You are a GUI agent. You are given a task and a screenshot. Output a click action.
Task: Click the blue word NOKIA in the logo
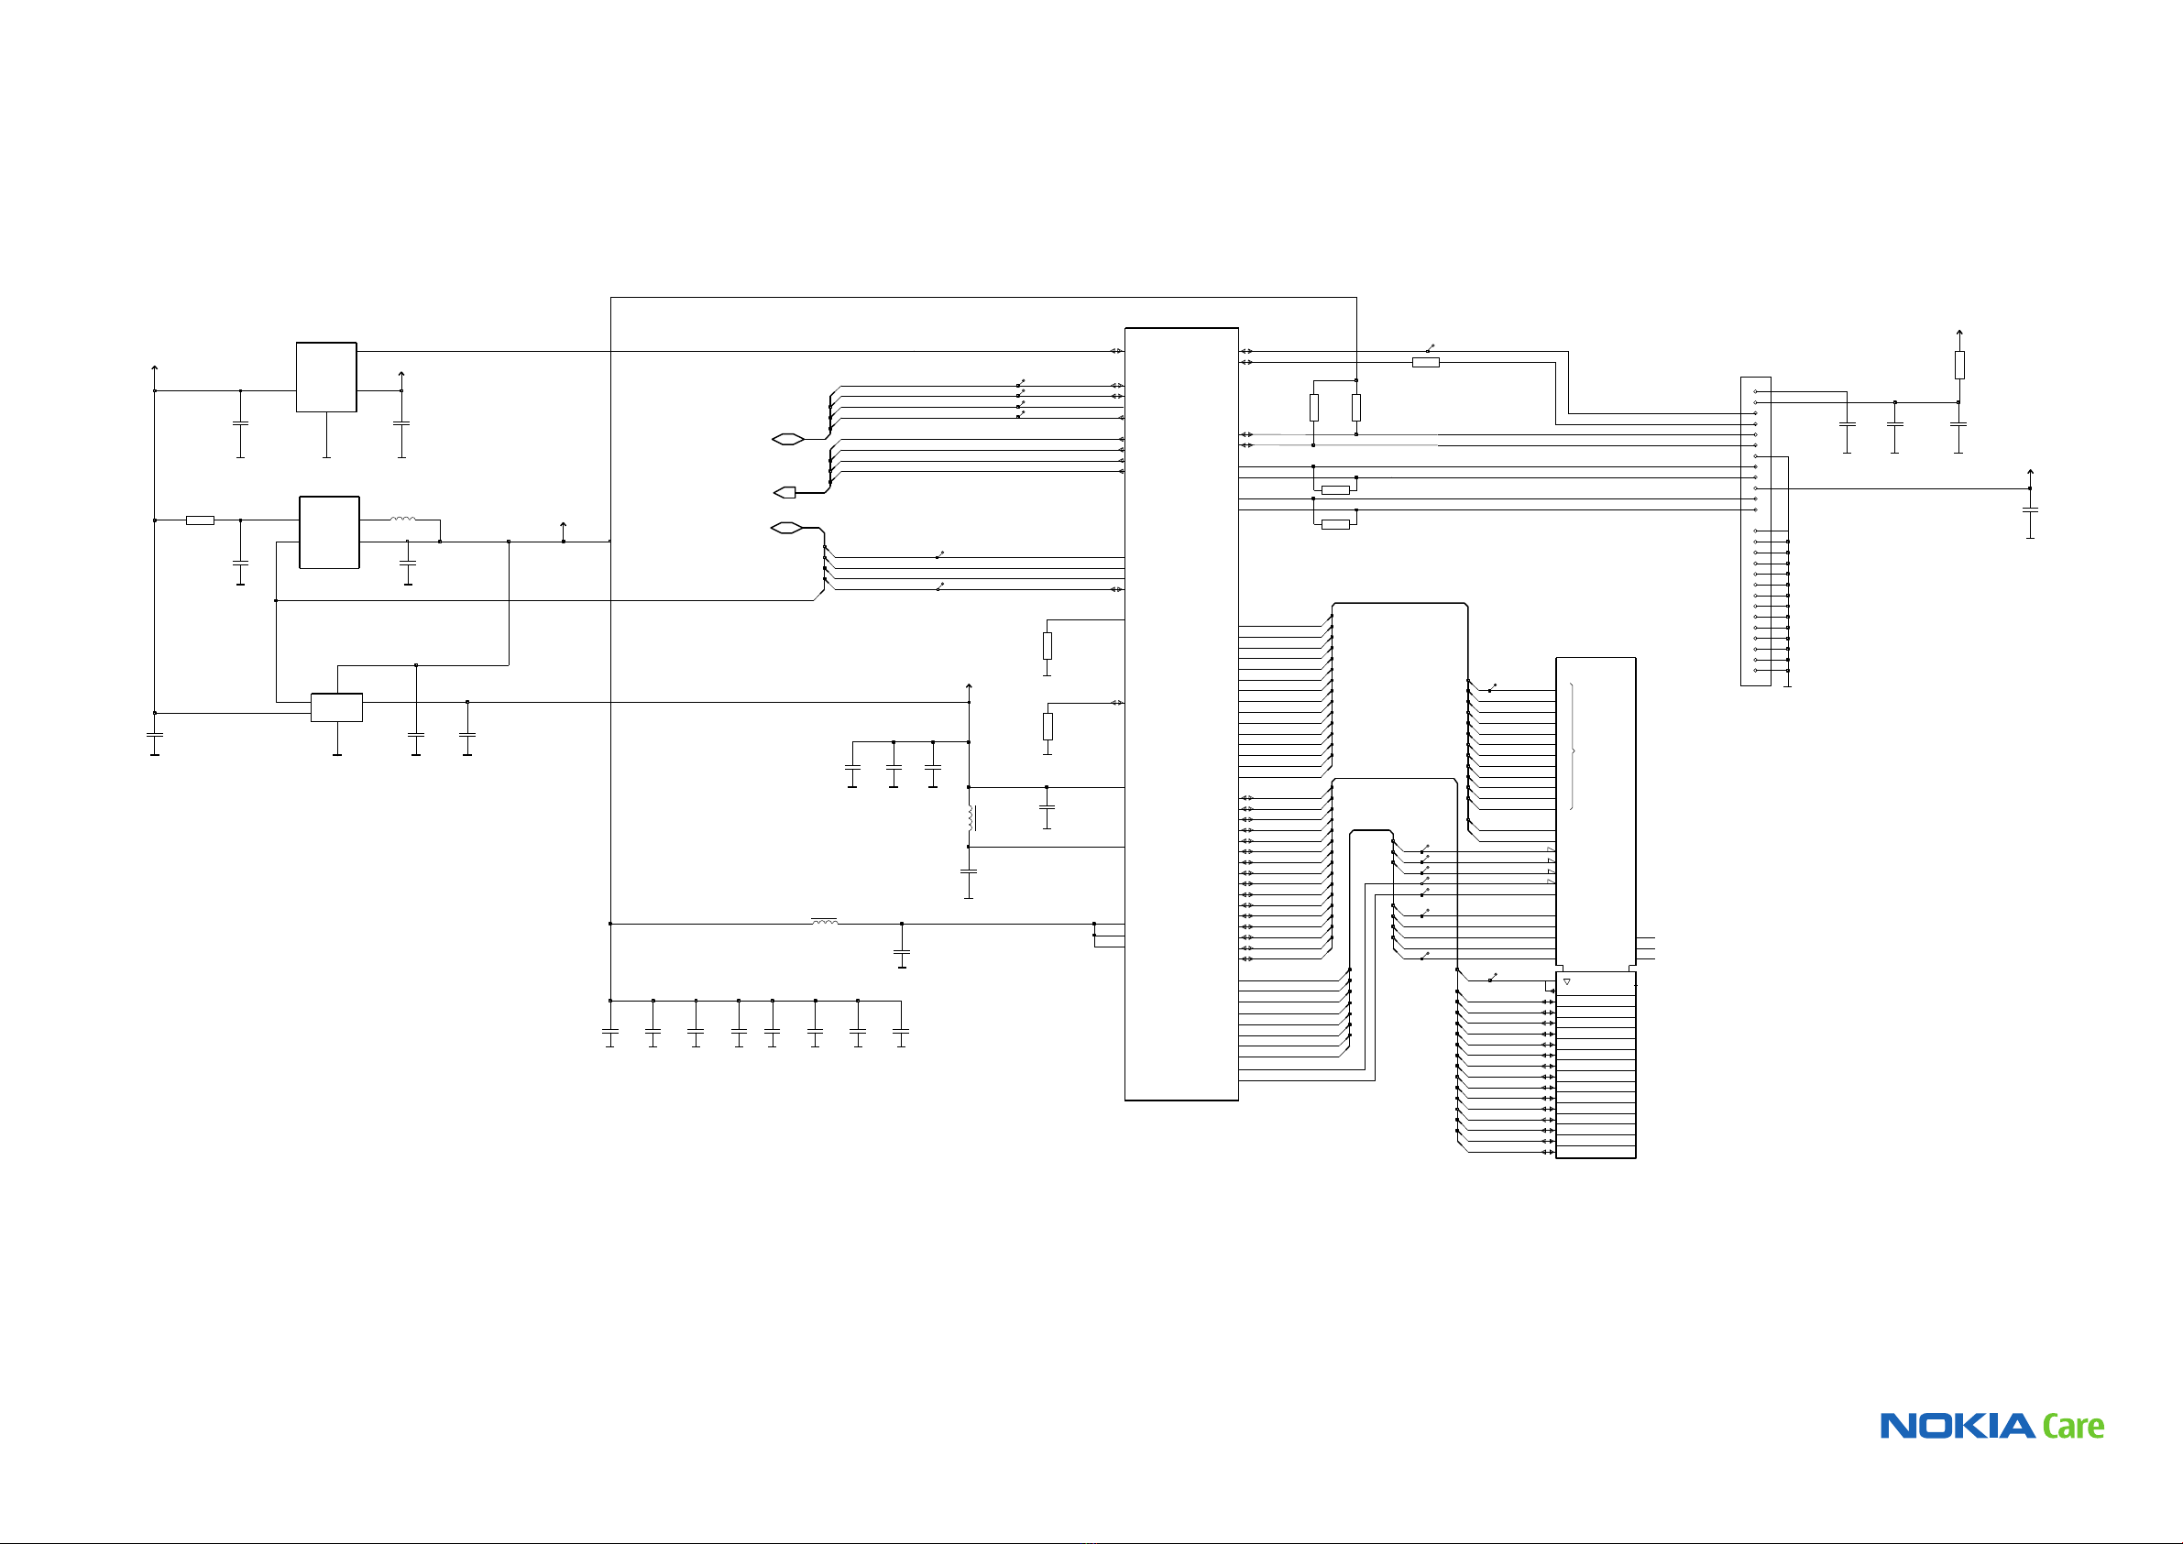[1958, 1426]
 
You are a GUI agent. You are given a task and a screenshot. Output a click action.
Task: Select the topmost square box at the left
[326, 378]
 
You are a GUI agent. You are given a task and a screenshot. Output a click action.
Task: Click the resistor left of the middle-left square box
[200, 520]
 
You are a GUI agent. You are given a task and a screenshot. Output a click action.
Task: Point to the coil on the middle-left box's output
[402, 520]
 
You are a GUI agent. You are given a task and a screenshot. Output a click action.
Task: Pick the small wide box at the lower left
[336, 707]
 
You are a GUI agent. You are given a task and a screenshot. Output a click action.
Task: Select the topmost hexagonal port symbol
[787, 439]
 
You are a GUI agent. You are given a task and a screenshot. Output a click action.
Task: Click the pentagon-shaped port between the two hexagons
[785, 492]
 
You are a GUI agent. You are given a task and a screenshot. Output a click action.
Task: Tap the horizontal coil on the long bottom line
[824, 921]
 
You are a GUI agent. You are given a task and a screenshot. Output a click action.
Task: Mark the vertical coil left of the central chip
[971, 817]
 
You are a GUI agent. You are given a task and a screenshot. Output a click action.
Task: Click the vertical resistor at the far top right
[1959, 365]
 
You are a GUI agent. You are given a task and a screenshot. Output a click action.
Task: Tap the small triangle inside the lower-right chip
[1567, 981]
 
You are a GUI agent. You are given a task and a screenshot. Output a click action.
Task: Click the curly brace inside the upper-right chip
[1573, 751]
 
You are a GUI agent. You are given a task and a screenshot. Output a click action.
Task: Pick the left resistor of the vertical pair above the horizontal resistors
[1314, 408]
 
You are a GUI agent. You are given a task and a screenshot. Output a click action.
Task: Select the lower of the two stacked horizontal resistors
[1335, 524]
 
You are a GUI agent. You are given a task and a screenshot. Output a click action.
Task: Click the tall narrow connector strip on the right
[1755, 531]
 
